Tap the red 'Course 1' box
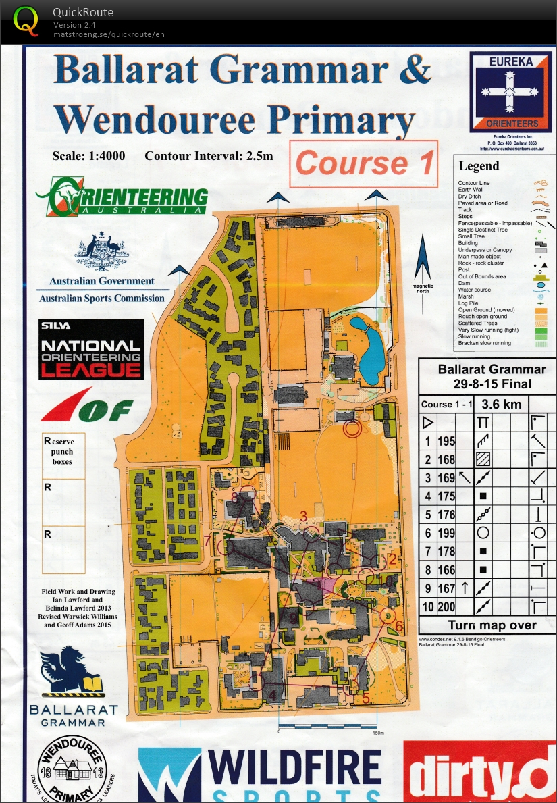pyautogui.click(x=364, y=163)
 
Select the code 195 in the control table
pyautogui.click(x=446, y=442)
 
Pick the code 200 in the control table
pyautogui.click(x=446, y=606)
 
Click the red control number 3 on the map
pyautogui.click(x=304, y=517)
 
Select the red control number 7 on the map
pyautogui.click(x=207, y=540)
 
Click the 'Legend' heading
pyautogui.click(x=479, y=166)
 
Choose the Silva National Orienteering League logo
pyautogui.click(x=91, y=349)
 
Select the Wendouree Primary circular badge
pyautogui.click(x=72, y=770)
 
